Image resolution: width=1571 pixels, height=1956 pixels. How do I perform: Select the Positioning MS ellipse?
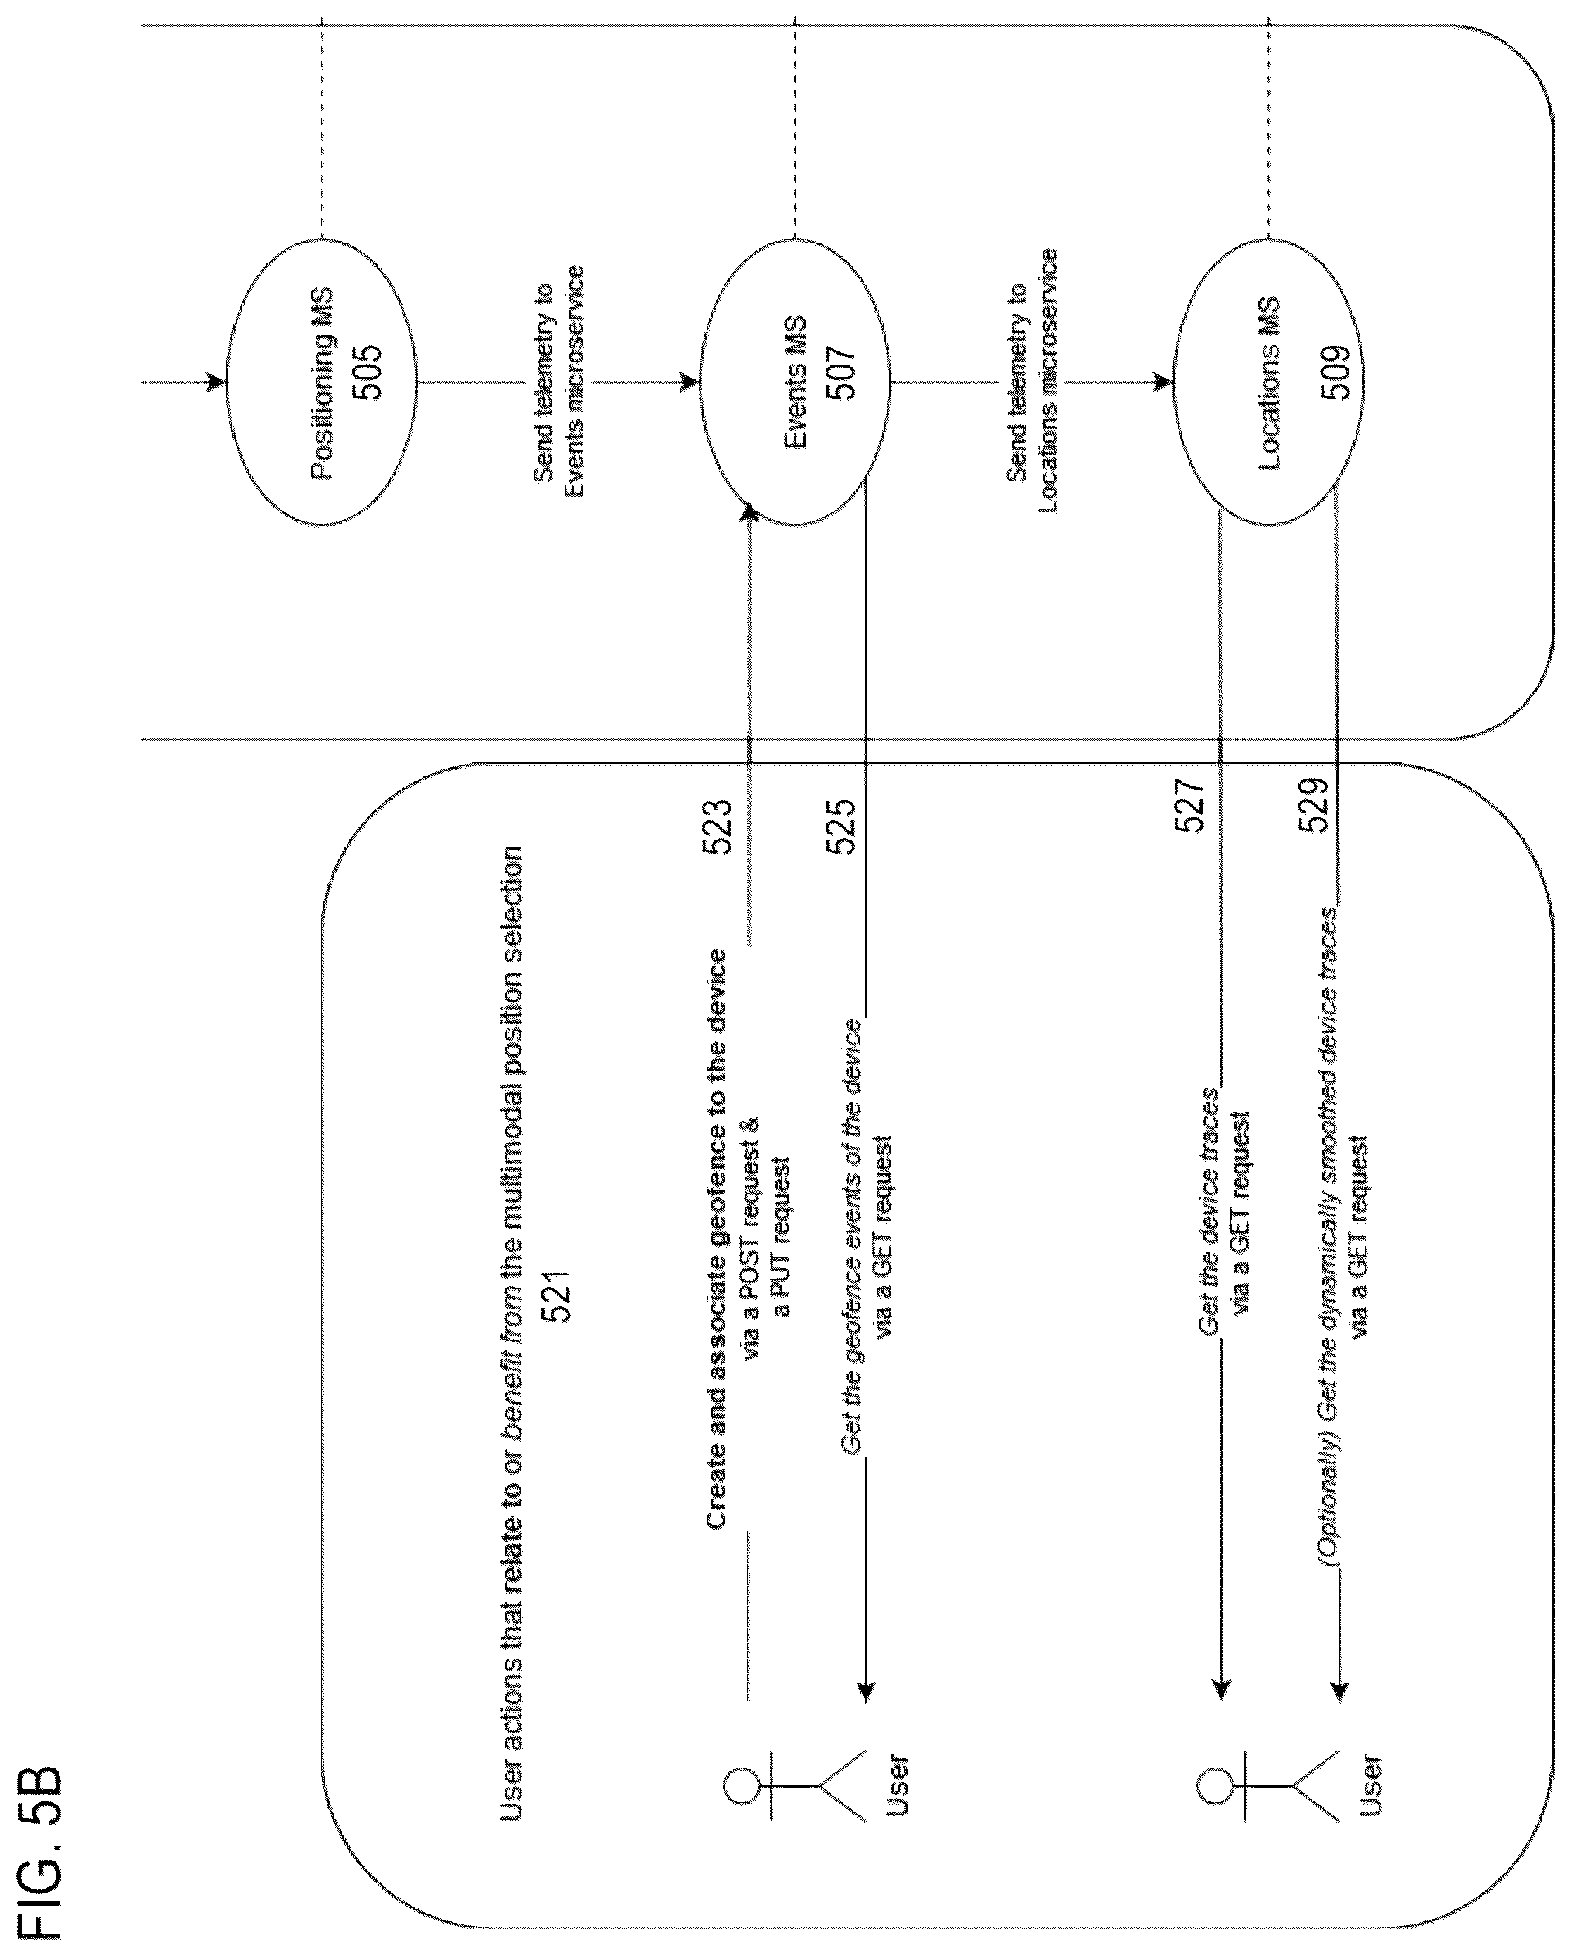(x=321, y=382)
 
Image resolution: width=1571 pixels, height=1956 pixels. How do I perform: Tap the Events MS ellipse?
(x=795, y=382)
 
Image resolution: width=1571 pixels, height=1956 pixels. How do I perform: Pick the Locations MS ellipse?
(x=1268, y=382)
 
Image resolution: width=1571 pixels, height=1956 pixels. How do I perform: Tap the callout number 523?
(x=718, y=827)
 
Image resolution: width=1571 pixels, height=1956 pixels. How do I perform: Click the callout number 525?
(x=840, y=827)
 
